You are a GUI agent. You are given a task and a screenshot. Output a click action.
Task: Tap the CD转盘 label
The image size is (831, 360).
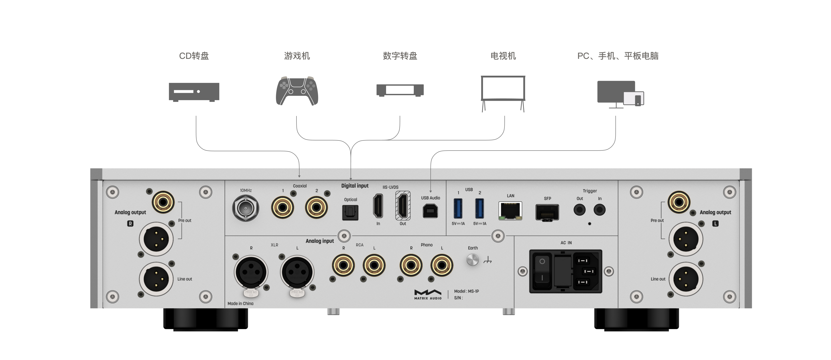[194, 56]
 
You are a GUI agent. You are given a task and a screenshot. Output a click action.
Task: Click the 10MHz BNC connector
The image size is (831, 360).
[245, 208]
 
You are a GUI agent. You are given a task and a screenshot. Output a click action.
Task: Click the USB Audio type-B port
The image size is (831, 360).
[430, 211]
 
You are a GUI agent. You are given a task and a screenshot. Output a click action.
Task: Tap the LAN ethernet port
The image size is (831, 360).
[510, 211]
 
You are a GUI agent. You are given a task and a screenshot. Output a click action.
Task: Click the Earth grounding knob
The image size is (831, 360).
[473, 260]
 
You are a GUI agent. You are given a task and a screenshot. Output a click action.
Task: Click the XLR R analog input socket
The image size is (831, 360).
[251, 272]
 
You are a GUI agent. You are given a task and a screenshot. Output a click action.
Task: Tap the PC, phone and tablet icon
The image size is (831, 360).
[620, 94]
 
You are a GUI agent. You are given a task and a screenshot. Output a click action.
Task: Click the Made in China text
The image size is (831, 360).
[240, 303]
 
